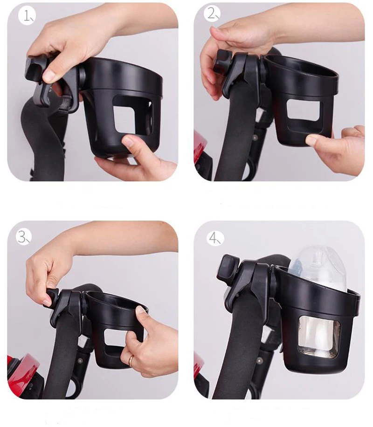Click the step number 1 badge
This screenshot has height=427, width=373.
coord(27,16)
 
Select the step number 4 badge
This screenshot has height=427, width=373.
coord(215,238)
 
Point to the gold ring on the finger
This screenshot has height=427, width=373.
coord(131,360)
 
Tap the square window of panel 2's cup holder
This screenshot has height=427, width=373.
coord(303,110)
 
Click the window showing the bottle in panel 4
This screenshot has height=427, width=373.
coord(319,337)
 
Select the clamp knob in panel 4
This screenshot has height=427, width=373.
coord(228,268)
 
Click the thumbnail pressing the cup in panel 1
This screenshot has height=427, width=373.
coord(128,142)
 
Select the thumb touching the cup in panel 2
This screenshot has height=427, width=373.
coord(312,140)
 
